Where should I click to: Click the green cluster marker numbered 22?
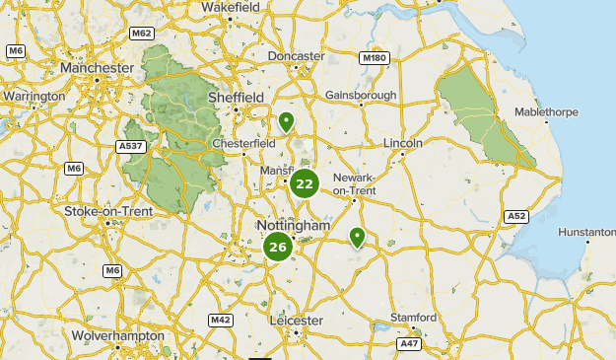click(x=305, y=182)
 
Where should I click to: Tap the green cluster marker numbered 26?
click(x=278, y=248)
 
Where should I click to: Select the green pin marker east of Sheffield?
click(x=286, y=122)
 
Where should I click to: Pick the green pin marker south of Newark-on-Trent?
click(x=357, y=237)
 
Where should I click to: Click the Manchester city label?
click(x=96, y=67)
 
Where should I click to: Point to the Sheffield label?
click(x=236, y=98)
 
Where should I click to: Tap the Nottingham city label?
click(x=293, y=226)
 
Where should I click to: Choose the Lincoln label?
click(x=403, y=143)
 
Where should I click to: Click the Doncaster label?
click(x=296, y=56)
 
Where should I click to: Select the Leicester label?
click(x=296, y=321)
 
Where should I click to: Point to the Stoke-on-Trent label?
click(x=108, y=211)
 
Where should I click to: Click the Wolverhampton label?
click(x=118, y=336)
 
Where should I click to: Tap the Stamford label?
click(x=412, y=318)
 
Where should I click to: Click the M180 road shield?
click(x=375, y=58)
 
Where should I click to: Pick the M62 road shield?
click(x=142, y=33)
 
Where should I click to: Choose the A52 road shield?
click(x=515, y=216)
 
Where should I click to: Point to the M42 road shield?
click(x=221, y=321)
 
